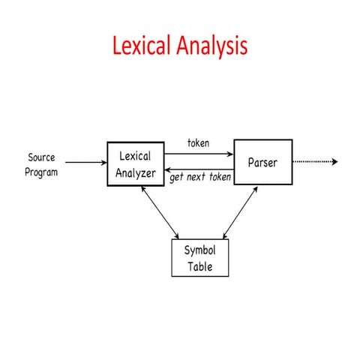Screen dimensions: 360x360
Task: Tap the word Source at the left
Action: (x=41, y=157)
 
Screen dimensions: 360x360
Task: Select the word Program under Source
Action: (x=41, y=172)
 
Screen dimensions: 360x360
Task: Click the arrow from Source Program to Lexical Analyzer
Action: (x=85, y=161)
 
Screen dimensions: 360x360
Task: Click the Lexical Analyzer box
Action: (x=136, y=163)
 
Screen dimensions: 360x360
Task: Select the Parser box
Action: (x=262, y=162)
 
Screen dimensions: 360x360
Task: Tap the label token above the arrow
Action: (x=199, y=142)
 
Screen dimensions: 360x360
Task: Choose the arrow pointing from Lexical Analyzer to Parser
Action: (x=199, y=154)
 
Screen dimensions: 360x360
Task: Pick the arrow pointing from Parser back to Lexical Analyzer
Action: (x=199, y=169)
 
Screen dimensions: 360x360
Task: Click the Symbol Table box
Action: (x=199, y=258)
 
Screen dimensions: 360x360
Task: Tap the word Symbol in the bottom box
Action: (x=199, y=251)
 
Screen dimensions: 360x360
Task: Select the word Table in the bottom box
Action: (x=199, y=265)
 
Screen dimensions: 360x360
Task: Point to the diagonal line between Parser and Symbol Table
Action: (x=241, y=213)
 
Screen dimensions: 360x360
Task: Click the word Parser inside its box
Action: (x=262, y=162)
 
